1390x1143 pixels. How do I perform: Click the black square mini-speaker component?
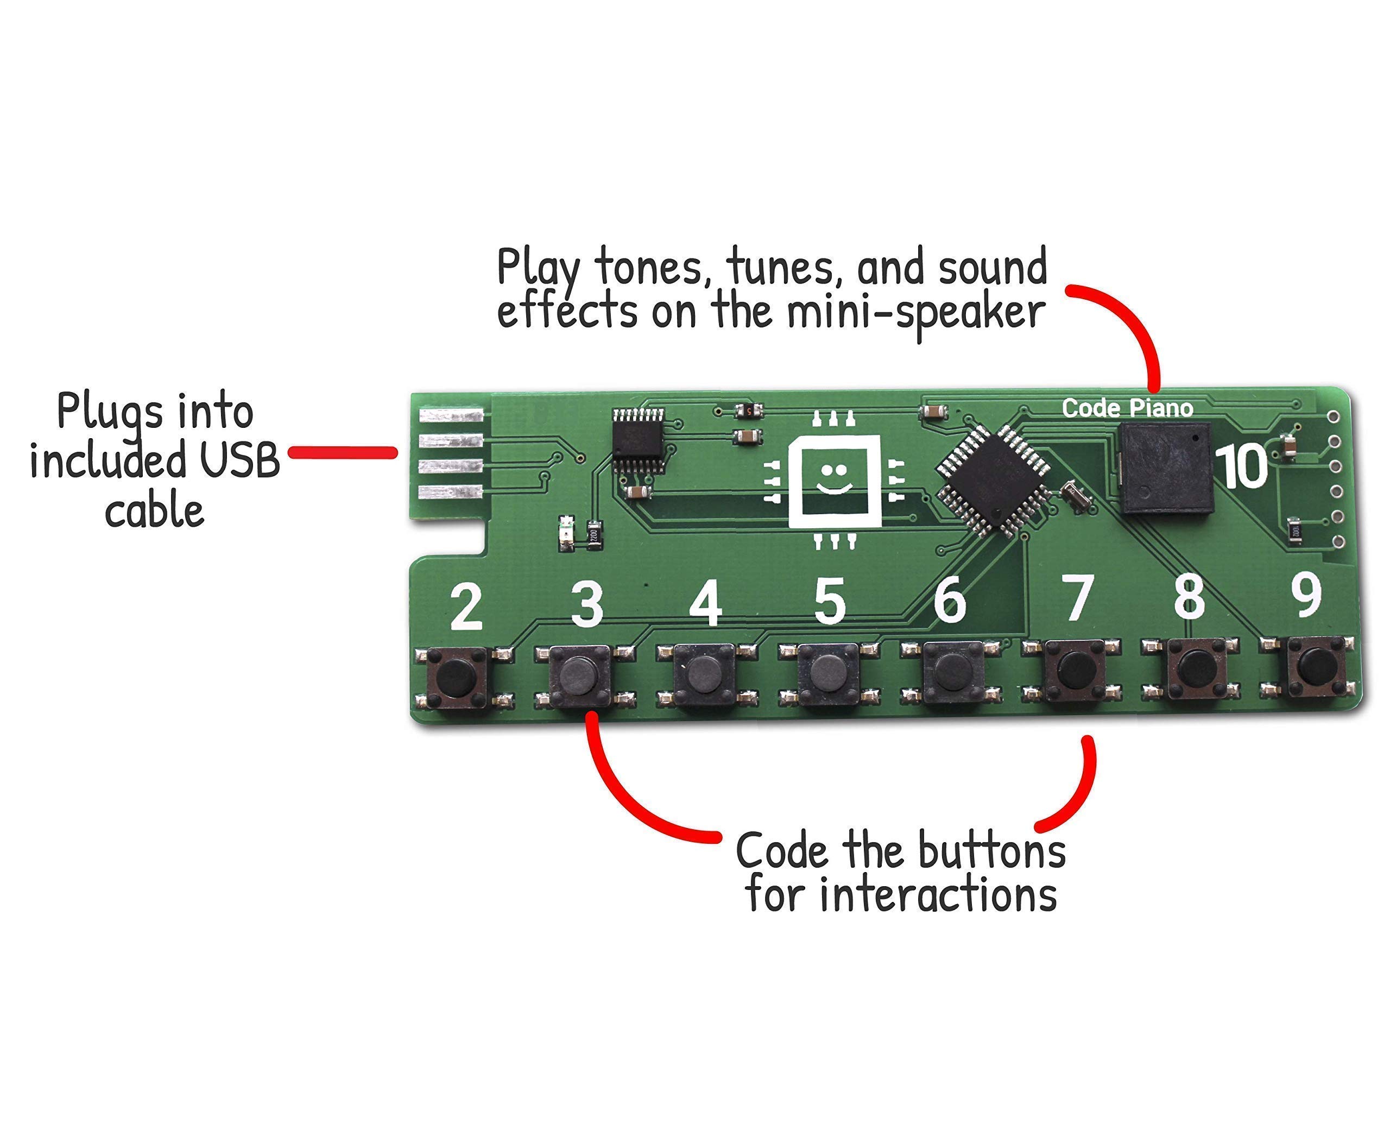1164,468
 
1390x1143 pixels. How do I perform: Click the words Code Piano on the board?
1127,408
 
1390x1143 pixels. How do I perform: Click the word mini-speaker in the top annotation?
916,313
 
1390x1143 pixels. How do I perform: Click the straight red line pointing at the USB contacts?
343,452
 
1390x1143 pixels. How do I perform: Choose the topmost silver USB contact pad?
451,415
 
